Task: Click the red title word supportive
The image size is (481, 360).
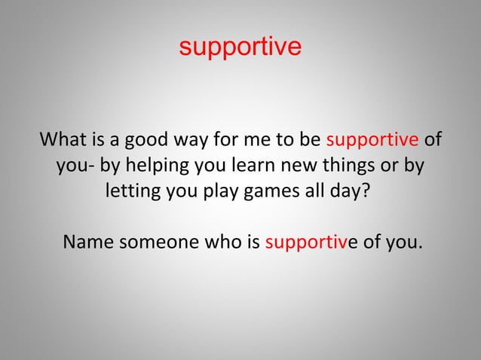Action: [x=240, y=47]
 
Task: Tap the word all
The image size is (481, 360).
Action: [x=319, y=189]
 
